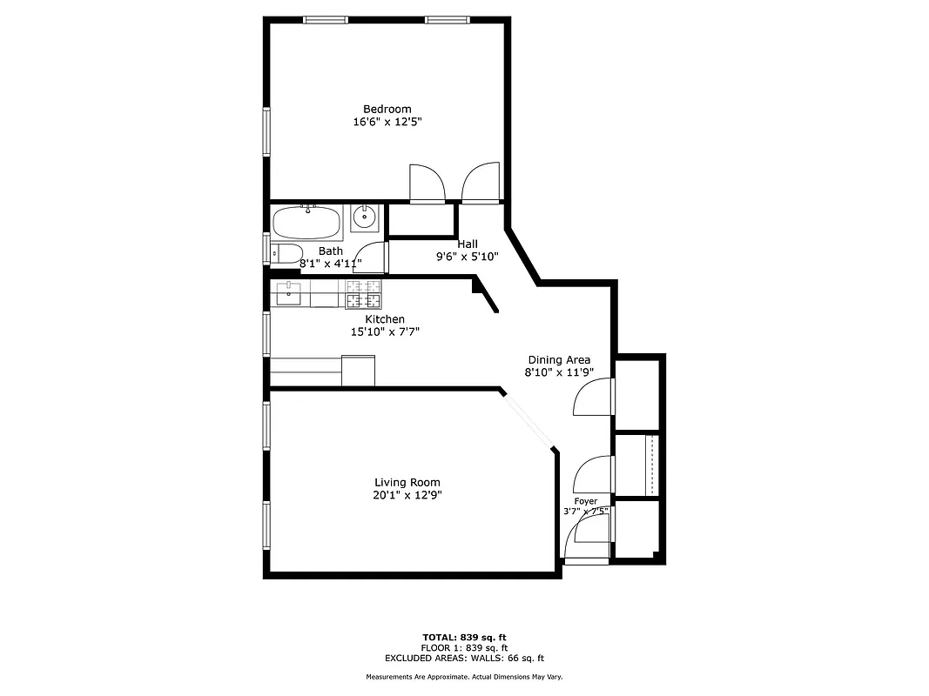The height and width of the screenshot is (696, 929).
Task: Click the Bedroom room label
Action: click(387, 109)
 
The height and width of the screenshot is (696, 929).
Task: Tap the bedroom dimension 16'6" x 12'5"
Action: click(387, 123)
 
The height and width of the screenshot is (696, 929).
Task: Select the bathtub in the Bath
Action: click(306, 223)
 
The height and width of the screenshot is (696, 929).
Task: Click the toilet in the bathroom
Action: click(285, 253)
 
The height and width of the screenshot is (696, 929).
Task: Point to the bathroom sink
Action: click(366, 218)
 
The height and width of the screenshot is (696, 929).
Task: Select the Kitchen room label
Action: click(384, 319)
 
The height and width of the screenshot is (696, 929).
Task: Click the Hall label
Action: click(467, 244)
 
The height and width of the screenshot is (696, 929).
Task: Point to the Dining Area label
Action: click(559, 359)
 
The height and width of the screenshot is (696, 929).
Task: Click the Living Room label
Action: click(407, 482)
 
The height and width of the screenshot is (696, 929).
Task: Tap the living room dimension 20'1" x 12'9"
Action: click(407, 495)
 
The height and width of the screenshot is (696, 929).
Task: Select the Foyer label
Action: click(585, 501)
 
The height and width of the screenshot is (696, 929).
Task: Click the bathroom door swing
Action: click(371, 259)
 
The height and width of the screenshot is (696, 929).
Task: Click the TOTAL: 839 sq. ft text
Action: click(464, 637)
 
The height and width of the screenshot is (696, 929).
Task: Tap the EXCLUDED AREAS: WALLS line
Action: click(464, 659)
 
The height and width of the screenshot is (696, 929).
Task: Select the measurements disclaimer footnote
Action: click(464, 677)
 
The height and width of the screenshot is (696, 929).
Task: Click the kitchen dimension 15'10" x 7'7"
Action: click(384, 331)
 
